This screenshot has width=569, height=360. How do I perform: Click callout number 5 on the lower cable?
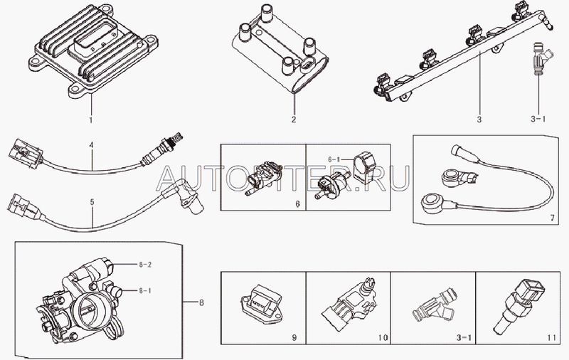91,202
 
